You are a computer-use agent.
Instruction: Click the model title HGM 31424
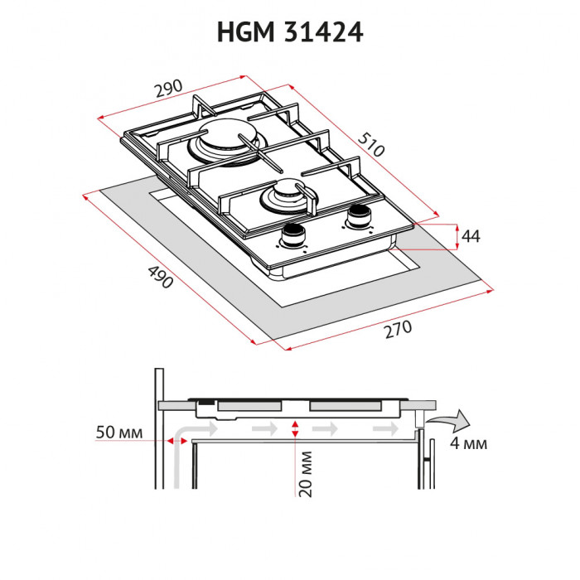[x=290, y=32]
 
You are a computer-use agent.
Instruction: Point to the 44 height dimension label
[x=471, y=236]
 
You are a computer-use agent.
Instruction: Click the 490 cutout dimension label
[x=160, y=278]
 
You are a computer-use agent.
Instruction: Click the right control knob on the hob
[x=359, y=215]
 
